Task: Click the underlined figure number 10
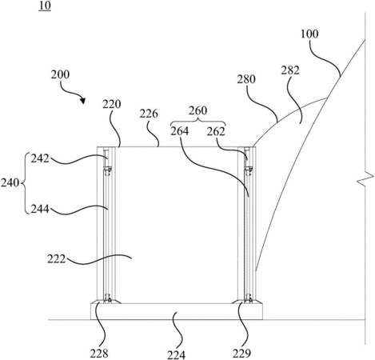[x=45, y=6]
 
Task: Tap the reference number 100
[x=309, y=34]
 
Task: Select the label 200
[x=60, y=74]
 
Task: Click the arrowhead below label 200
[x=83, y=101]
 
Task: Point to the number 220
[x=112, y=104]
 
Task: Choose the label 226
[x=149, y=114]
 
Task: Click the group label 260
[x=197, y=110]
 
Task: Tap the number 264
[x=180, y=131]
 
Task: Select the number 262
[x=216, y=131]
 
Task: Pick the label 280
[x=246, y=79]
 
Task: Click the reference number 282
[x=290, y=70]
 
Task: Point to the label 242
[x=40, y=158]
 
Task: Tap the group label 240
[x=10, y=183]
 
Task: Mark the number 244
[x=40, y=209]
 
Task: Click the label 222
[x=57, y=258]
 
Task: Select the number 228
[x=99, y=354]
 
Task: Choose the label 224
[x=176, y=354]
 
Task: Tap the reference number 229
[x=241, y=354]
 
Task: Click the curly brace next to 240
[x=24, y=183]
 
